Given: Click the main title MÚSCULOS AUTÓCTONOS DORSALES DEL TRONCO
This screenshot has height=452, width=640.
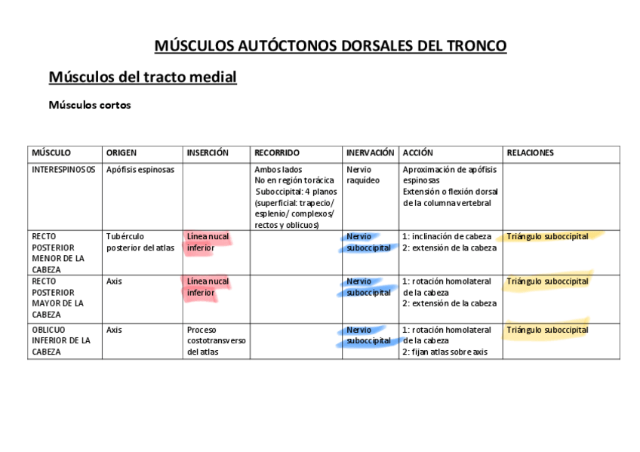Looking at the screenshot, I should tap(330, 46).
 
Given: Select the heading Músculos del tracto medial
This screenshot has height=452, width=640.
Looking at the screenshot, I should tap(143, 77).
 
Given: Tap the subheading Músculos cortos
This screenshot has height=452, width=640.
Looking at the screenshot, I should tap(90, 106).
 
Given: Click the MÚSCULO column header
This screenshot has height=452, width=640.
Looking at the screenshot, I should tap(51, 153).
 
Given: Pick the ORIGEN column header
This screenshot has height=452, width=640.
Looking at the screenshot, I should tap(122, 153).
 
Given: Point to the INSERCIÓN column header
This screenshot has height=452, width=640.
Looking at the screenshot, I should tap(208, 153).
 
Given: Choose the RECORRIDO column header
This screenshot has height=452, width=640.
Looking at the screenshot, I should tap(277, 153).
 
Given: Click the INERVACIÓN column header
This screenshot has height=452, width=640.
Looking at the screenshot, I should tap(370, 153).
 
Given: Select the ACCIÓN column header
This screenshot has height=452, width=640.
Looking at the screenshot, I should tap(418, 153).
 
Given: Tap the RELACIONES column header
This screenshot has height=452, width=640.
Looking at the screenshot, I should tap(530, 153).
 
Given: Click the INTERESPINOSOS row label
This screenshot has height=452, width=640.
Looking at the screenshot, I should tap(63, 170).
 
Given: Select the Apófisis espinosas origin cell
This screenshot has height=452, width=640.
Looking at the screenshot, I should tap(140, 170).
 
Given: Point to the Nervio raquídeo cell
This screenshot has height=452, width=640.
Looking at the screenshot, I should tap(363, 175).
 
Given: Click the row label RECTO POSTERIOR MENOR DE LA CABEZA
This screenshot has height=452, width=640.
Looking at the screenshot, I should tap(57, 253).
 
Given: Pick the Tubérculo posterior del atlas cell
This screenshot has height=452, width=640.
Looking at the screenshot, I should tap(140, 242).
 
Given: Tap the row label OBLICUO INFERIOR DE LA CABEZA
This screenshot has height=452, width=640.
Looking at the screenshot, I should tap(60, 340).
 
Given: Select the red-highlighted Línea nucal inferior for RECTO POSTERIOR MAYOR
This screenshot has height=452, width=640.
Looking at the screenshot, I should tap(208, 287).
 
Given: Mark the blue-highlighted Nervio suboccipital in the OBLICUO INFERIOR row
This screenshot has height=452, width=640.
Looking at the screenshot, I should tap(368, 335).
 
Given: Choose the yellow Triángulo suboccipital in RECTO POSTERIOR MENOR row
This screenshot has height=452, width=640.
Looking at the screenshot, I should tap(547, 237).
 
